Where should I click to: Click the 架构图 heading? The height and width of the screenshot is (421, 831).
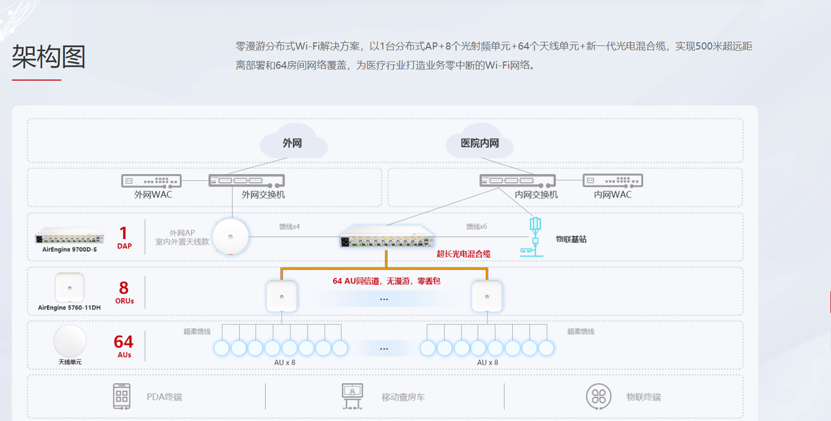click(48, 56)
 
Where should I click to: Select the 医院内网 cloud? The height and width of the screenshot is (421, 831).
click(480, 143)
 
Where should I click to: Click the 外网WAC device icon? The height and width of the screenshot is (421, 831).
click(151, 181)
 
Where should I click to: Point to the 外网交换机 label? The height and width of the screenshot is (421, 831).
click(263, 195)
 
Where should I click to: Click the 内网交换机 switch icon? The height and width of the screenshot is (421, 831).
click(517, 181)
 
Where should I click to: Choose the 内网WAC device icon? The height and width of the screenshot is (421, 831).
click(613, 181)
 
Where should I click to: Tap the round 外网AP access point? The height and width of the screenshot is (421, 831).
click(231, 237)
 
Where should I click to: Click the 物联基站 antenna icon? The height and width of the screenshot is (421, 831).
click(534, 237)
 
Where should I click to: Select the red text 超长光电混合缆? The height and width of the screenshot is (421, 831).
click(463, 254)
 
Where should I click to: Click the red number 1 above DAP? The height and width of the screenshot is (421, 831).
click(123, 233)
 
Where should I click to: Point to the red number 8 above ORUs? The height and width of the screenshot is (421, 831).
click(124, 288)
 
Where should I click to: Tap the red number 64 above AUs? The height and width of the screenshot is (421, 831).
click(124, 341)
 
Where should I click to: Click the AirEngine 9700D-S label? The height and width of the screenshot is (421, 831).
click(70, 250)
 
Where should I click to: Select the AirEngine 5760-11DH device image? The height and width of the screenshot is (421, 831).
click(70, 288)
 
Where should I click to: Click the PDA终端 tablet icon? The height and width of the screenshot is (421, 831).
click(122, 397)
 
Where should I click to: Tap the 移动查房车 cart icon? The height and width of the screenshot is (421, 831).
click(352, 397)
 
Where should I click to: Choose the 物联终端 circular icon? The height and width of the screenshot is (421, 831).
click(598, 397)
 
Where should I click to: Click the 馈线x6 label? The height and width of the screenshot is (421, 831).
click(476, 226)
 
